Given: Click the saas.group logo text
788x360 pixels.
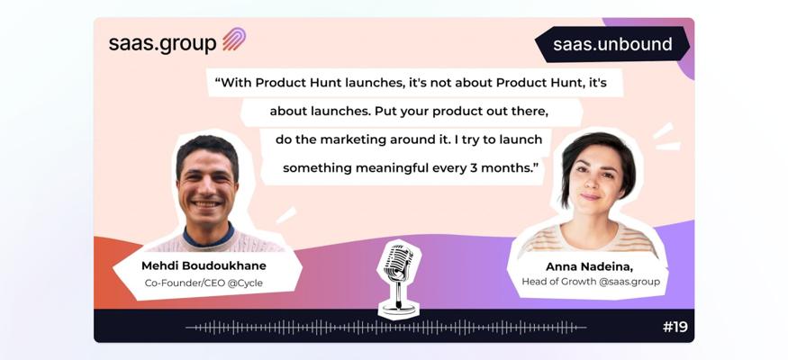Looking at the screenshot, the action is coord(162,43).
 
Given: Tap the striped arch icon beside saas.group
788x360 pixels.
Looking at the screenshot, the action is coord(234,40).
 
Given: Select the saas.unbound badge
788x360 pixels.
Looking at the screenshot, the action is coord(612,44).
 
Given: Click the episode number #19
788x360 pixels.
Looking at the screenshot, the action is coord(675,328).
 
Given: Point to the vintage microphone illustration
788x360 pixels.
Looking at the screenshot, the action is coord(399,279).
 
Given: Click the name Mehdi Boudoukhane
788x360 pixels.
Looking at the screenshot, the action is coord(204,265).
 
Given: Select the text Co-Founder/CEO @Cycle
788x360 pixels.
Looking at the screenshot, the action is coord(204,283).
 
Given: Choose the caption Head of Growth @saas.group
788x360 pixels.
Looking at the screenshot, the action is coord(591,282).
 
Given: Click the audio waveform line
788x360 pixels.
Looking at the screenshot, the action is coord(385,328).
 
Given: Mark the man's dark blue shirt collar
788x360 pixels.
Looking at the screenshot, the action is coord(208,236).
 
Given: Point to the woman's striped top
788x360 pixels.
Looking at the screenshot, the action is coord(589,240).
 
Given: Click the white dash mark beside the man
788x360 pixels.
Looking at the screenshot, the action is coord(286,216).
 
